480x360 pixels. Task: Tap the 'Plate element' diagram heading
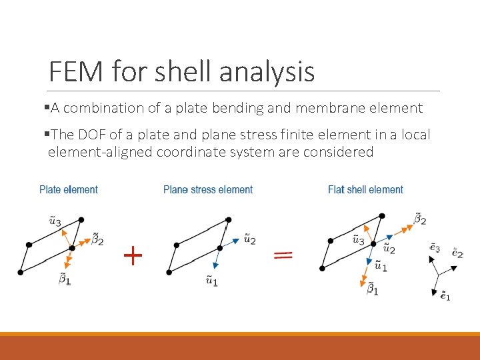[x=69, y=190]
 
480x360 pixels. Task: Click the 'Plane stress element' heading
[x=208, y=190]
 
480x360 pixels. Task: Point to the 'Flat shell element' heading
[x=365, y=190]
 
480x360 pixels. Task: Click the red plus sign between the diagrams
[x=133, y=255]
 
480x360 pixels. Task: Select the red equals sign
[x=284, y=255]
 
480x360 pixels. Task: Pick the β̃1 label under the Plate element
[x=65, y=279]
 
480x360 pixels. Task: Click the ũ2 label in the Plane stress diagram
[x=249, y=238]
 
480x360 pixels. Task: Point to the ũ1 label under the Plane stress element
[x=211, y=280]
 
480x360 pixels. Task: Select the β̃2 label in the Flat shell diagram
[x=420, y=218]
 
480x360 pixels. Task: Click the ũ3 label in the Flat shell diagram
[x=358, y=239]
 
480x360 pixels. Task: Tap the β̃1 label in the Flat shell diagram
[x=373, y=289]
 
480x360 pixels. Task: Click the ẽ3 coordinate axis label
[x=434, y=248]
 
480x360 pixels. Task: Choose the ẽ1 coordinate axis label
[x=445, y=295]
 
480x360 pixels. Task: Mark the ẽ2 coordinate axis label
[x=457, y=253]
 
